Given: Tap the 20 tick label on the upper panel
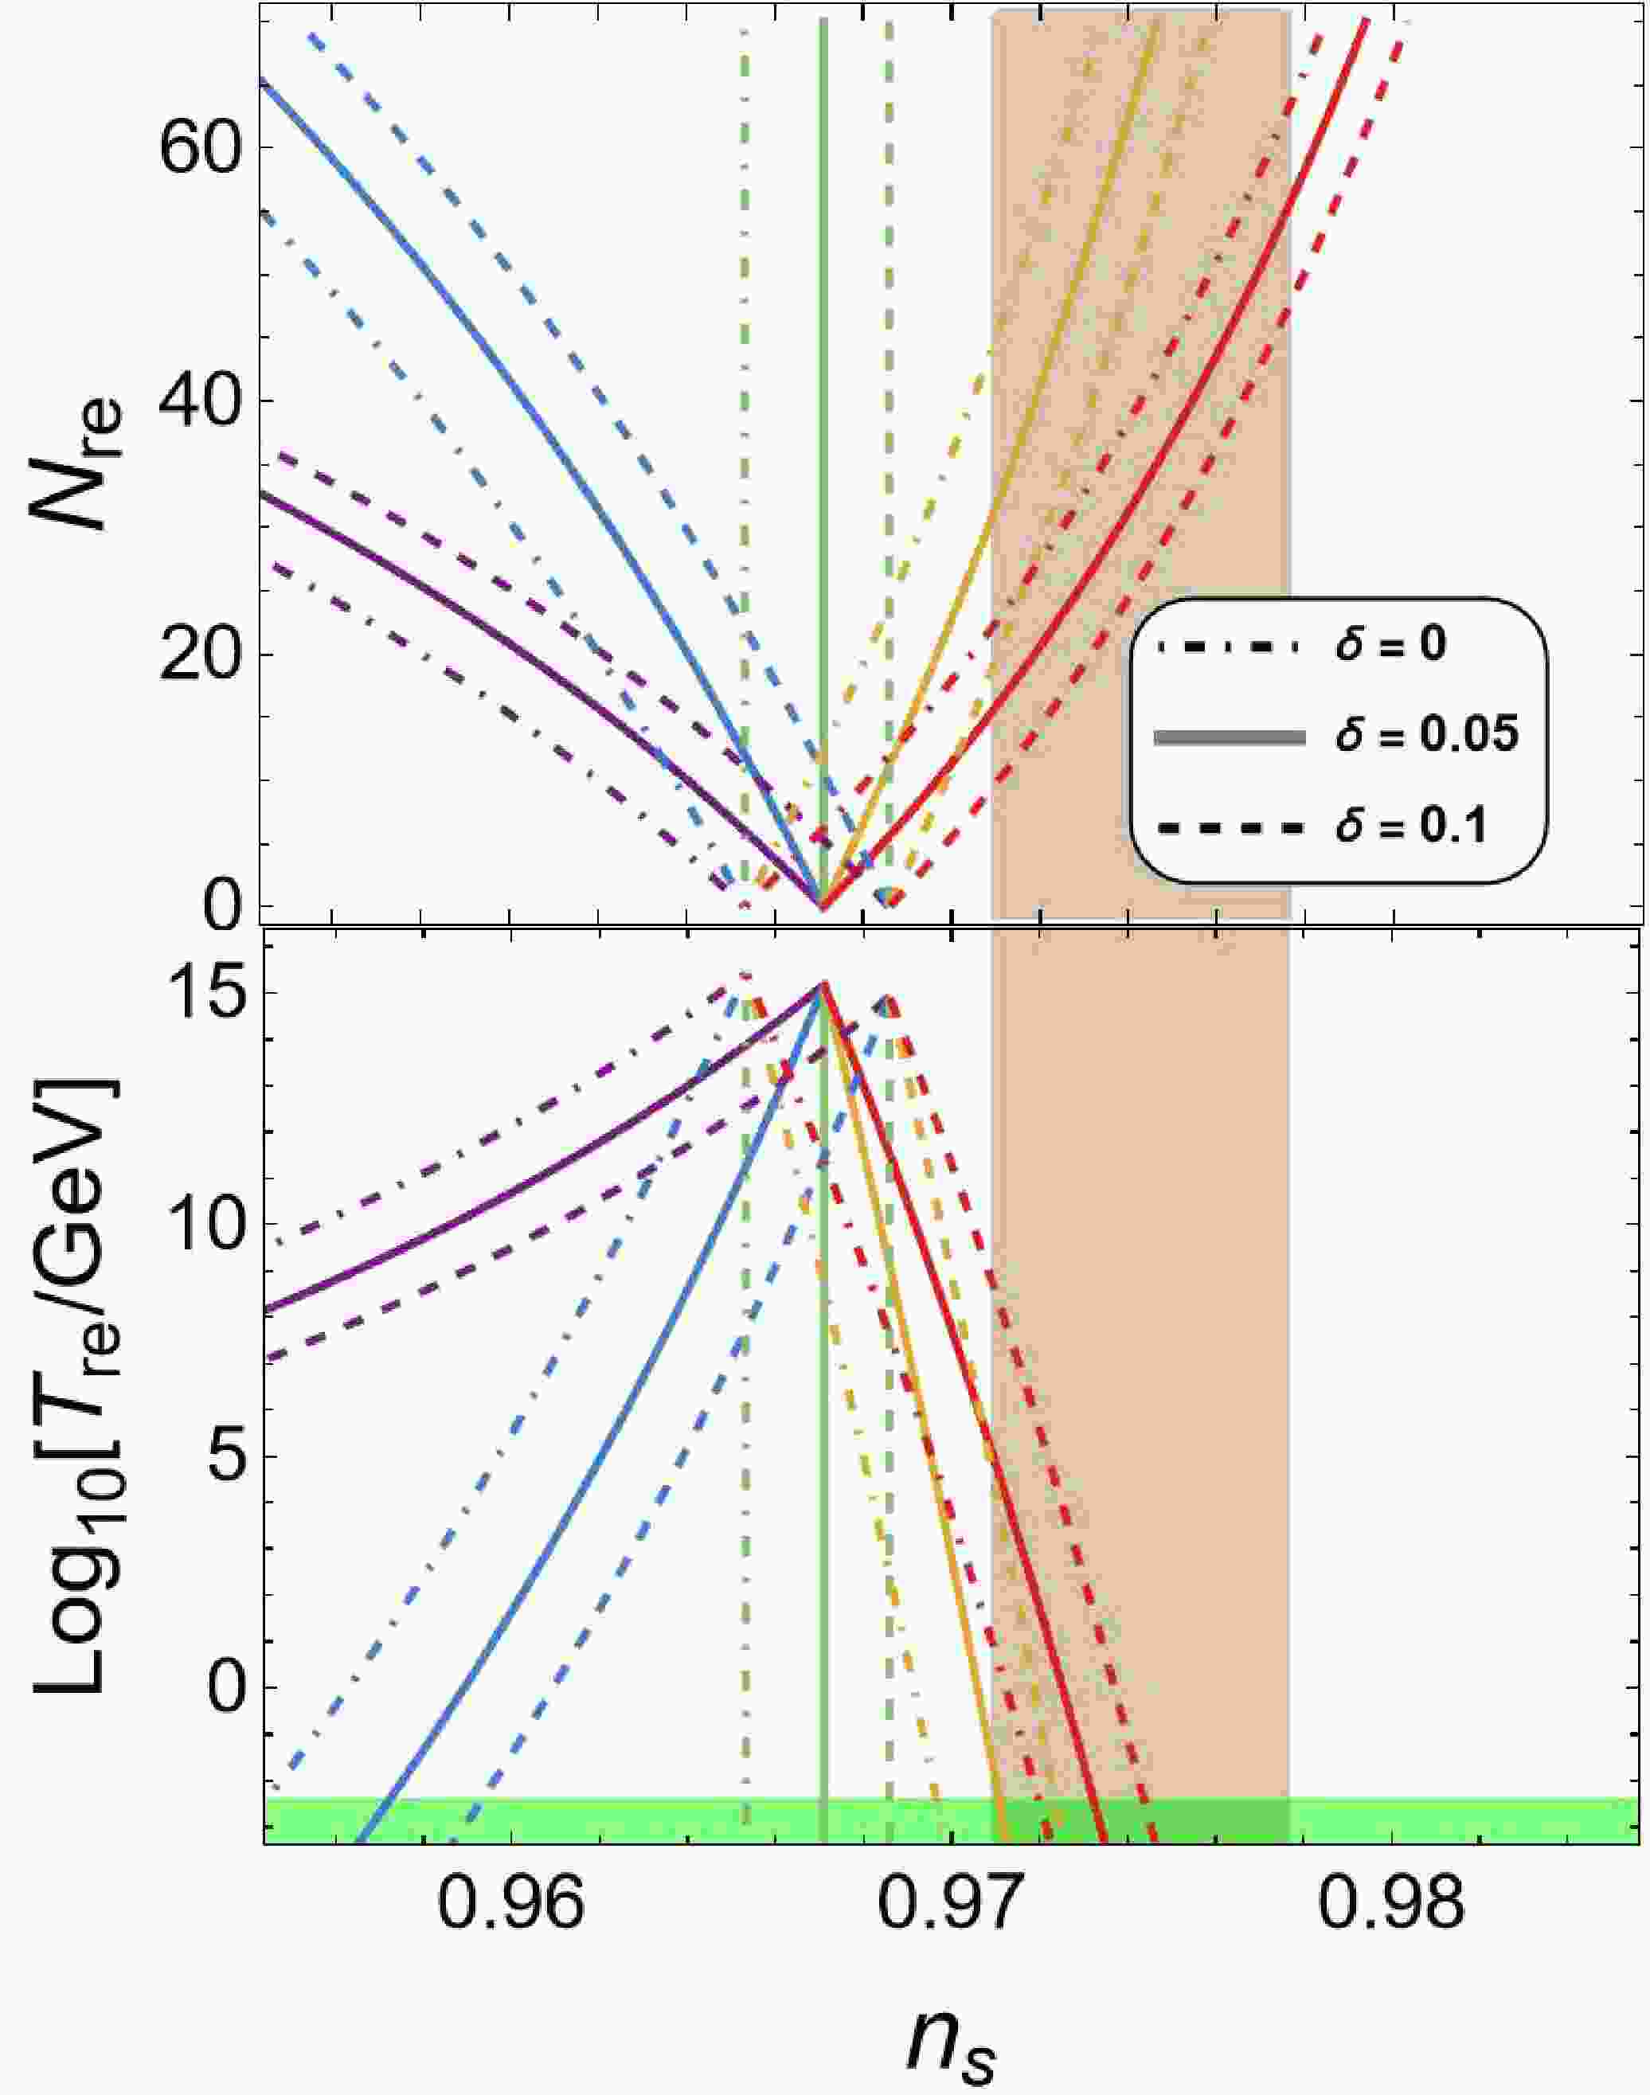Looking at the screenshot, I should click(x=199, y=654).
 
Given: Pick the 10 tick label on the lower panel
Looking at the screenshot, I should click(x=199, y=1239).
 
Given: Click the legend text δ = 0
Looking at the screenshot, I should click(x=1392, y=644).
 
